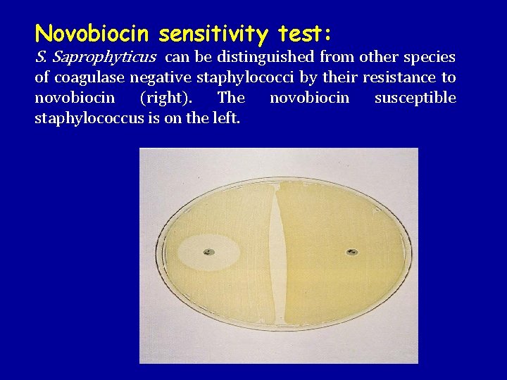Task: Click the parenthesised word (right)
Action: [166, 98]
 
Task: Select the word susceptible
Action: [415, 98]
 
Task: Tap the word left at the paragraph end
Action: [226, 118]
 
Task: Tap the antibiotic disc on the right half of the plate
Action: [351, 251]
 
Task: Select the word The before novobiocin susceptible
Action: [232, 98]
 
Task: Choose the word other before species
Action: [377, 57]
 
